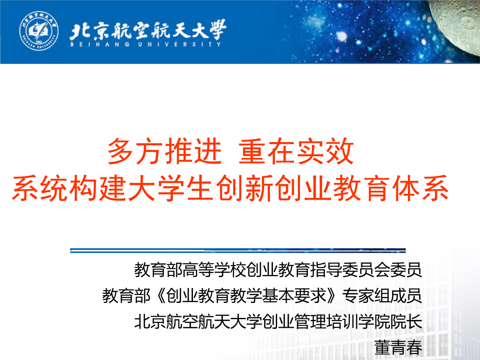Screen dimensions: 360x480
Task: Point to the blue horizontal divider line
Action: point(237,250)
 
